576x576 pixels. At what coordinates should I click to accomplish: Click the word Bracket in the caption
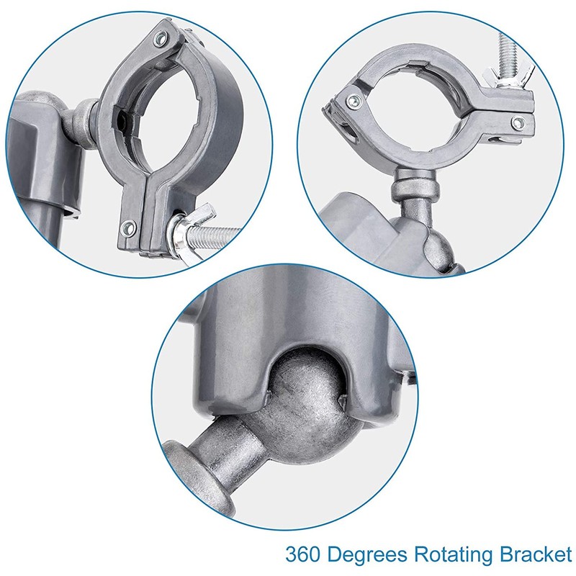535,554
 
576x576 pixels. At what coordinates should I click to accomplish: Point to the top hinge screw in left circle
161,38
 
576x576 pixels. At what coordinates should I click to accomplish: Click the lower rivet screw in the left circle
129,228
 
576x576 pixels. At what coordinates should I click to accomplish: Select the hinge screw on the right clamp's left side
354,100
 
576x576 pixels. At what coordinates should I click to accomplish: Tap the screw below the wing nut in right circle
518,122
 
